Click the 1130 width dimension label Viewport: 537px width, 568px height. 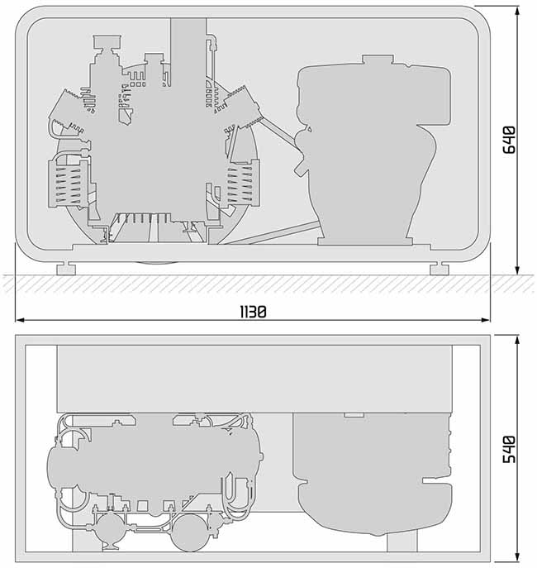coord(254,312)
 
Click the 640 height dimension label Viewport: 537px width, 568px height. coord(509,140)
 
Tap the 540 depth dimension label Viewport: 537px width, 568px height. coord(509,449)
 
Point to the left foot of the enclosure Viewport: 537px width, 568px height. coord(66,270)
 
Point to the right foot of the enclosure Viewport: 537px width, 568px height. coord(440,270)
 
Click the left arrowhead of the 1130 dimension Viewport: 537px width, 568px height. coord(21,320)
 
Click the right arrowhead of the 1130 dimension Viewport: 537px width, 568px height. coord(486,320)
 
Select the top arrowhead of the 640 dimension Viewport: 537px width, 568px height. coord(517,11)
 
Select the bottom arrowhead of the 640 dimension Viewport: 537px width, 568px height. coord(517,270)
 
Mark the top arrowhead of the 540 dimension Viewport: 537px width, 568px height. coord(517,341)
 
